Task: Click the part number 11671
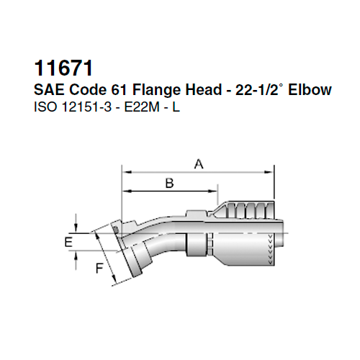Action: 64,69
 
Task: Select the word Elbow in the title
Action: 310,91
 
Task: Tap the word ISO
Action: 45,110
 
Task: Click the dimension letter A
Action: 198,165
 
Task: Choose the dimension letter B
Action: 170,184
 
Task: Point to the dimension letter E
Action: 68,242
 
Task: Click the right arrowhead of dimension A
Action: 271,173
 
